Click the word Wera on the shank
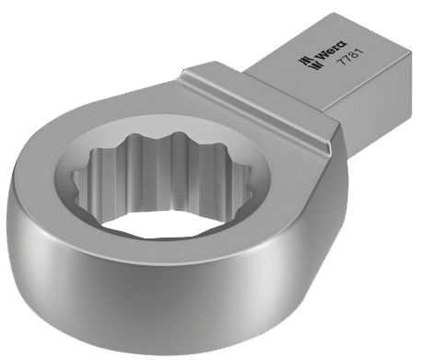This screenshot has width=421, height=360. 332,51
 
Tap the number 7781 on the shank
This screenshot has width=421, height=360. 350,56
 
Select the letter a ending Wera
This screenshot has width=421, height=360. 342,44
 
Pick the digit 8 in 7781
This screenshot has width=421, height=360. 354,54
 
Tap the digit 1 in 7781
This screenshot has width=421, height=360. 360,51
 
